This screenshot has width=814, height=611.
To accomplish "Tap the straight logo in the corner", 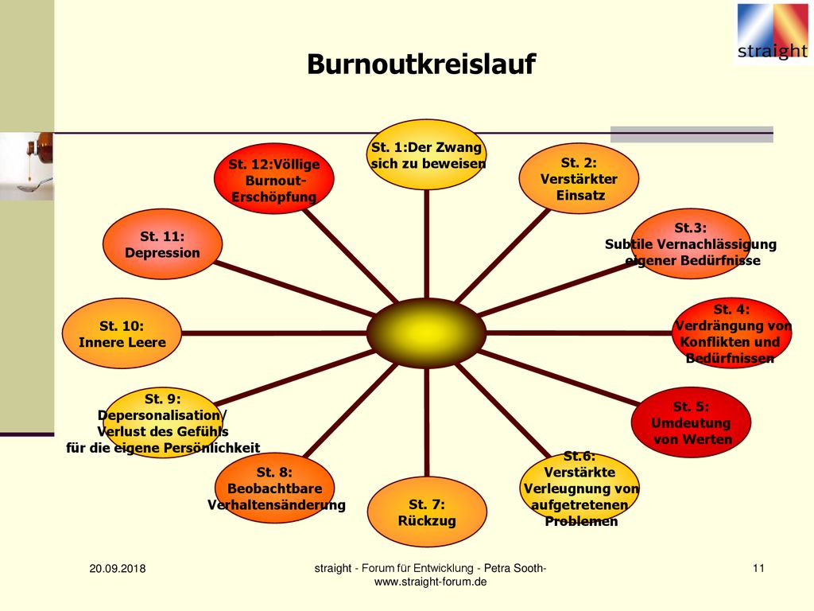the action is point(773,32).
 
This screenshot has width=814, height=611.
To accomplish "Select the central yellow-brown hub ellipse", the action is point(426,333).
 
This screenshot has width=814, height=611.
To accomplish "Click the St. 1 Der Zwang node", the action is point(426,155).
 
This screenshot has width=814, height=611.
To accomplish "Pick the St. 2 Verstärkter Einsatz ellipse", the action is point(579,178).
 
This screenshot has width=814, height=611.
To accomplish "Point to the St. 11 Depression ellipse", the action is point(162,244).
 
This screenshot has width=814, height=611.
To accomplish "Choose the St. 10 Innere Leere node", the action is point(122,333).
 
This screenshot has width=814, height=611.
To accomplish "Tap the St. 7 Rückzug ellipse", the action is point(427,512).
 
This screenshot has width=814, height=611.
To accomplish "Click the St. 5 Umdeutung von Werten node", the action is point(691,422).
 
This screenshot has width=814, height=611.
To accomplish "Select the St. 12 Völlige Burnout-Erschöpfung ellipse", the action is point(274,178).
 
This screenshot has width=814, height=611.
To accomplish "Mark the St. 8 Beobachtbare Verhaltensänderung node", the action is point(274,488).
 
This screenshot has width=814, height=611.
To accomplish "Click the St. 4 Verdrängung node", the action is point(732,333).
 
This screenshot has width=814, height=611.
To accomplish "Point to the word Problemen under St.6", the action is point(581,521).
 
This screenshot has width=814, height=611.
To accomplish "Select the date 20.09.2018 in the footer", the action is point(118,568).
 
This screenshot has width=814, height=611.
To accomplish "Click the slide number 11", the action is point(758,568).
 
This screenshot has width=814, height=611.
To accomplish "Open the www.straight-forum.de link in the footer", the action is point(430,582).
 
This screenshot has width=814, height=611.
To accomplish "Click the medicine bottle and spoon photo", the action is point(26,166).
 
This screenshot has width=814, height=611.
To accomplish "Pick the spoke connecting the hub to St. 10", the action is point(274,333).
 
